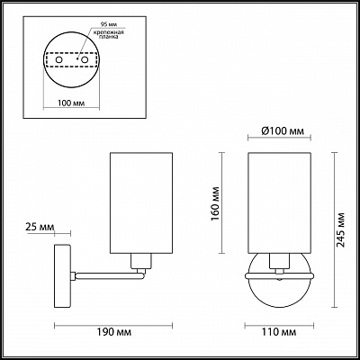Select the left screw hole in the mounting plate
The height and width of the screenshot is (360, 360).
(x=59, y=59)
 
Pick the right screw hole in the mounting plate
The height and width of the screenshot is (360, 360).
(x=85, y=59)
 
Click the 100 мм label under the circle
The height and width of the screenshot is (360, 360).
(x=71, y=103)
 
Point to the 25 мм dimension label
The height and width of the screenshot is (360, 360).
(x=40, y=227)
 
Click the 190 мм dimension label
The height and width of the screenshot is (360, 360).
(x=113, y=332)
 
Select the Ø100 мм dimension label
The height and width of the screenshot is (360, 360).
(x=283, y=131)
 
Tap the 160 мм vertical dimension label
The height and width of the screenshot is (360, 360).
(x=215, y=203)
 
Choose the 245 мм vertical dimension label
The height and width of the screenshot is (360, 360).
(x=340, y=229)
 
